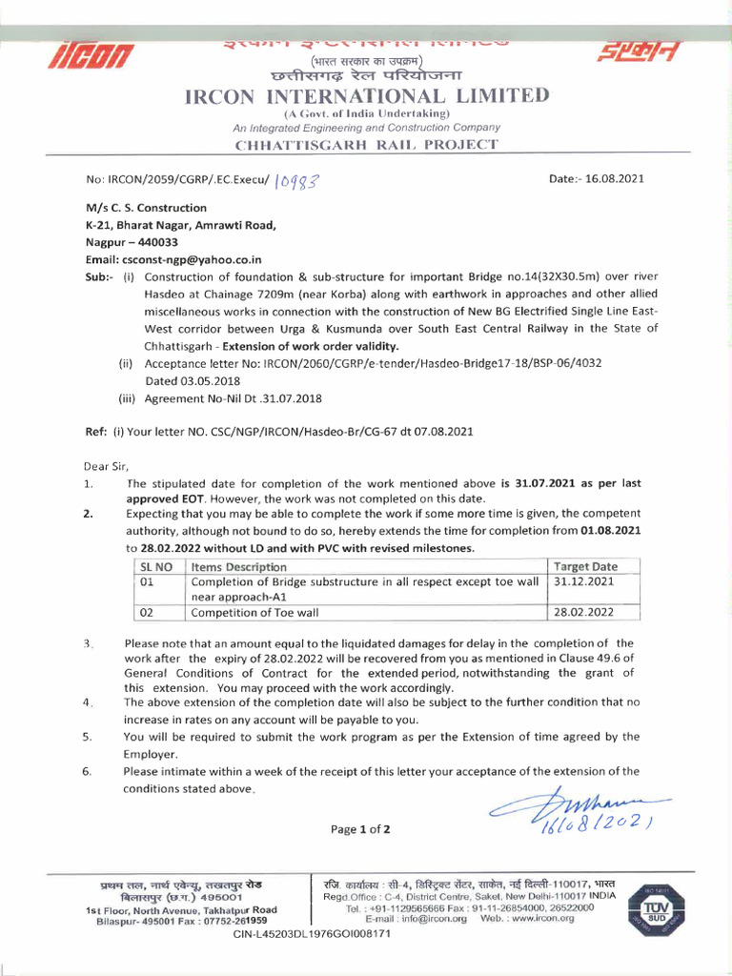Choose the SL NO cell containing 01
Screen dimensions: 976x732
(x=148, y=581)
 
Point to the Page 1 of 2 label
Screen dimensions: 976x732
(x=360, y=829)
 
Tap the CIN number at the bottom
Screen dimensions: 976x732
(x=312, y=933)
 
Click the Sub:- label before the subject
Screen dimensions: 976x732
(x=98, y=277)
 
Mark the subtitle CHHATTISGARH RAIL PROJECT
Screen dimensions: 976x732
(x=366, y=144)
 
